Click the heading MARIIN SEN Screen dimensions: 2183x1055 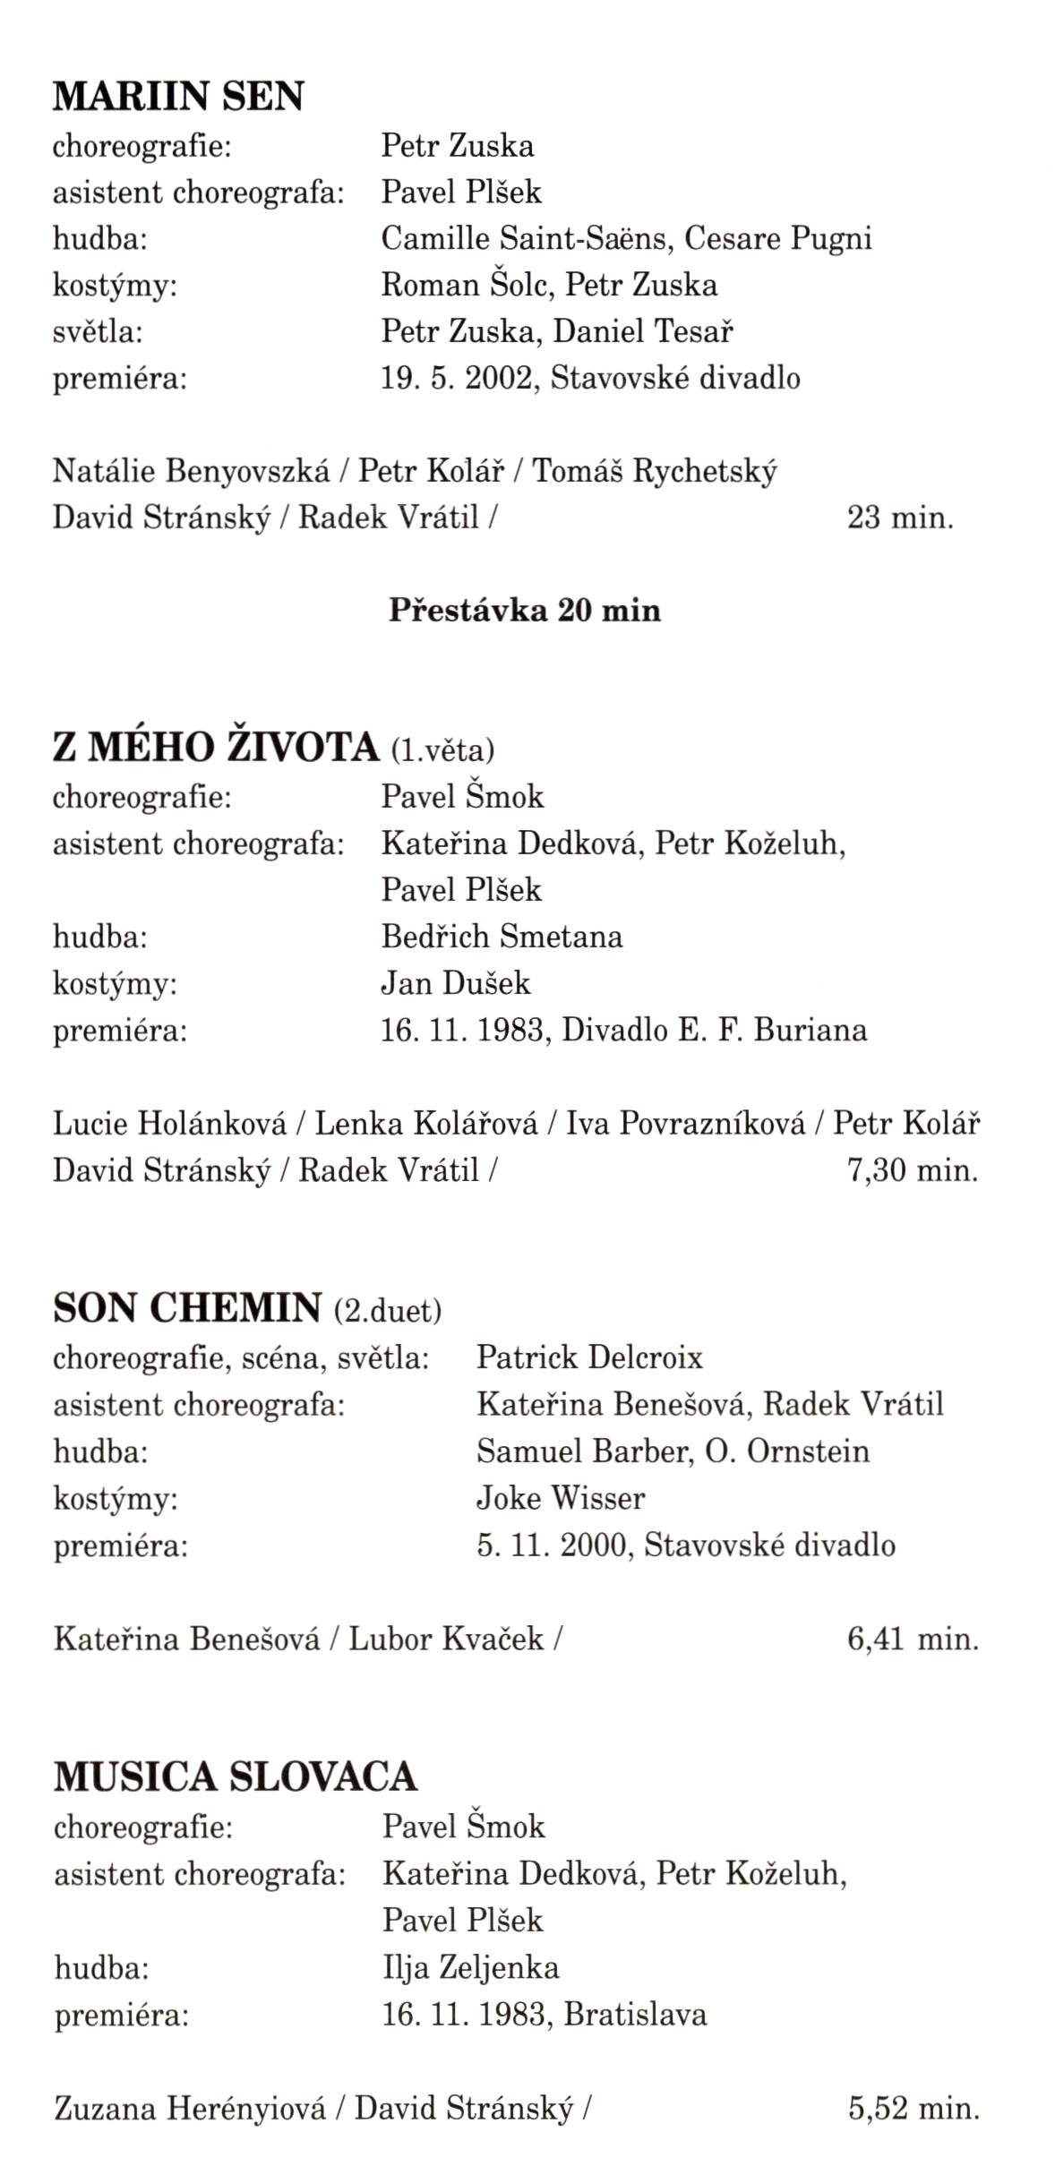coord(178,97)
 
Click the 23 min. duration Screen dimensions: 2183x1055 coord(900,518)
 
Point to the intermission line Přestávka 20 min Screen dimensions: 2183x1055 coord(525,611)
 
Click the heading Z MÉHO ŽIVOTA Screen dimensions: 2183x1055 coord(216,748)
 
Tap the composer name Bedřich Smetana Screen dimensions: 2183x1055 coord(502,937)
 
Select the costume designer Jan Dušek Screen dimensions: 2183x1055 coord(456,983)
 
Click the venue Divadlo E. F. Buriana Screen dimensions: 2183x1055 coord(715,1030)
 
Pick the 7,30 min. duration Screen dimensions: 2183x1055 coord(913,1169)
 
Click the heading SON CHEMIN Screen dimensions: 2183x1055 coord(187,1309)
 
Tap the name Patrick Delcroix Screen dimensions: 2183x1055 coord(589,1357)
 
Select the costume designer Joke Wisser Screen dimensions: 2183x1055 coord(561,1497)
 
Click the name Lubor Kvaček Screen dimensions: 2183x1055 coord(446,1639)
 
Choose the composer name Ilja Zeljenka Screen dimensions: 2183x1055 coord(471,1967)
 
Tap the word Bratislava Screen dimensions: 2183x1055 coord(636,2014)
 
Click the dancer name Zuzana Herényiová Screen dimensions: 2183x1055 coord(190,2109)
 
